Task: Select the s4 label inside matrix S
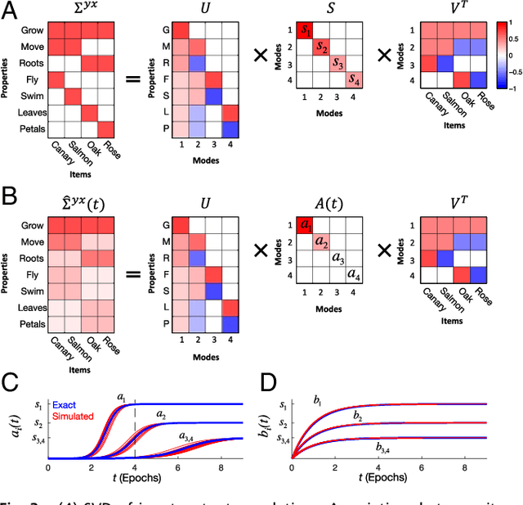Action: pos(354,79)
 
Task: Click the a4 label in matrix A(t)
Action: pos(354,274)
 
